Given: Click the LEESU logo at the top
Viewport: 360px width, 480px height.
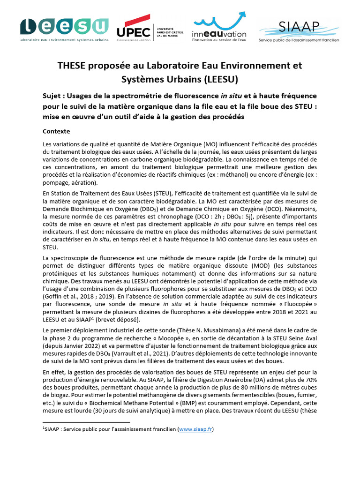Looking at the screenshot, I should pyautogui.click(x=64, y=29).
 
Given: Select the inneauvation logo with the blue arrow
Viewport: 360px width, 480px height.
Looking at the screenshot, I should pyautogui.click(x=219, y=29).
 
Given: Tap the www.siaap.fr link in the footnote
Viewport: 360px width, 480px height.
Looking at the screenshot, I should pyautogui.click(x=195, y=428).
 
